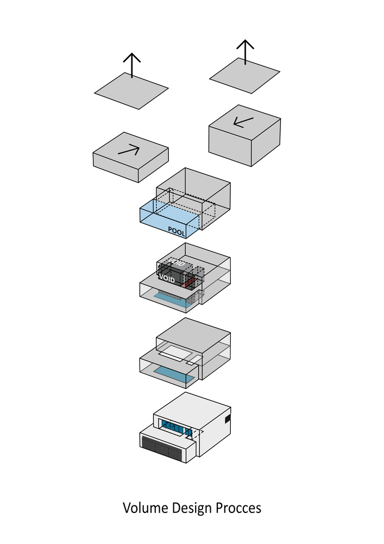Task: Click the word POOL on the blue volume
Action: [177, 231]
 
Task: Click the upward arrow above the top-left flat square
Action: [131, 65]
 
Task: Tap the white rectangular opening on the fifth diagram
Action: [173, 351]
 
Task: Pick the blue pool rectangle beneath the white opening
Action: [174, 374]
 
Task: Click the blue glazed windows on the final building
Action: [173, 428]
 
